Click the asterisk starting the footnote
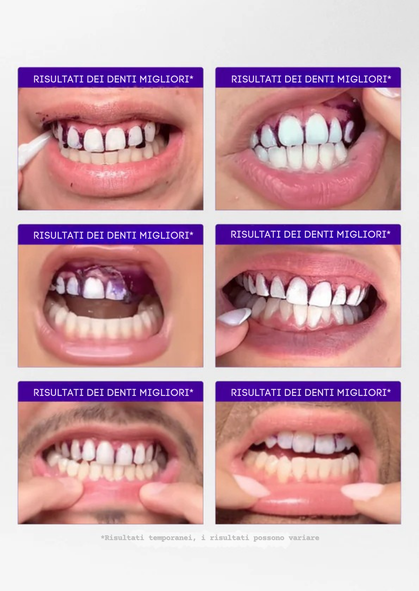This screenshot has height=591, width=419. click(x=102, y=537)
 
